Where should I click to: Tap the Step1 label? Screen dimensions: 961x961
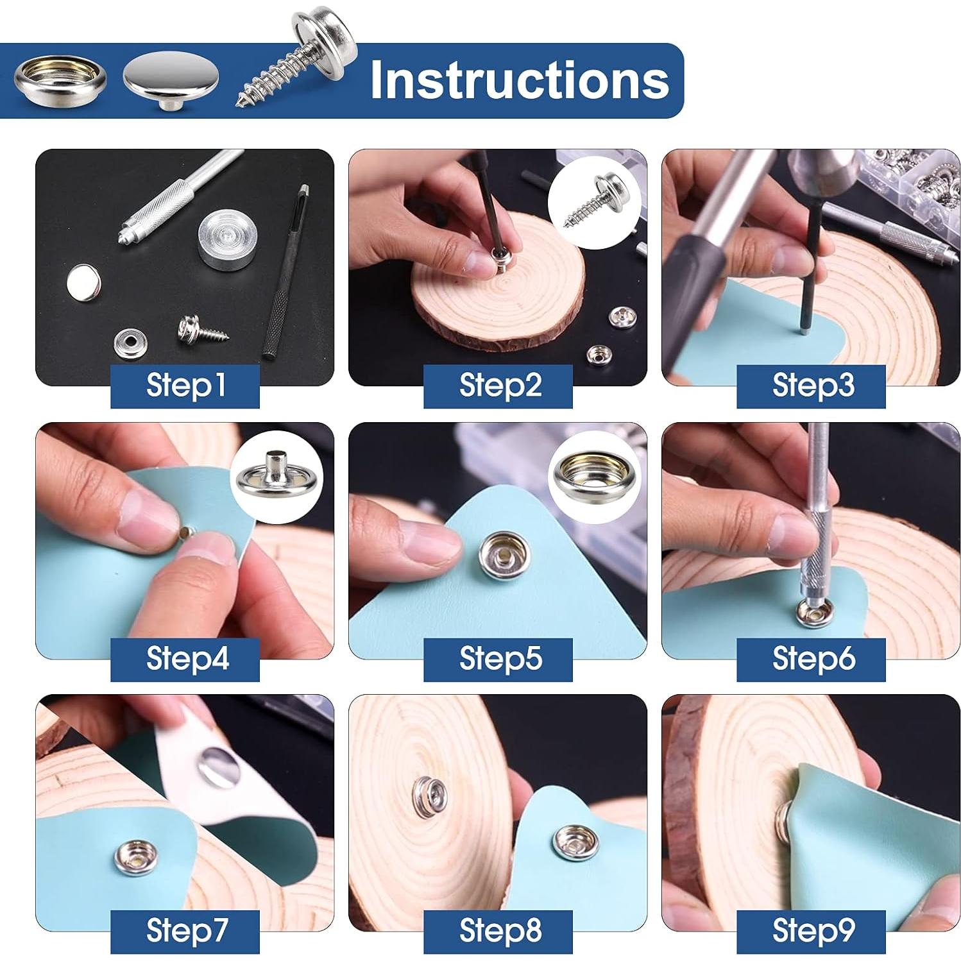185,386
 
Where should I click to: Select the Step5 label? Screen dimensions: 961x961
498,659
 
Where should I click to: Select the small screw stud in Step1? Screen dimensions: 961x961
200,327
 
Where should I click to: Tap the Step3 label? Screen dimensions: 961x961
811,386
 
